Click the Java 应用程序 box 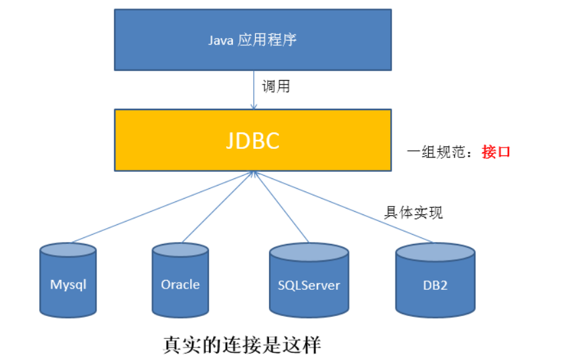click(x=252, y=40)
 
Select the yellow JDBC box click(x=252, y=140)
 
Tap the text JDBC click(x=252, y=140)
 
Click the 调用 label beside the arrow click(x=275, y=87)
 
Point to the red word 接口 click(x=496, y=152)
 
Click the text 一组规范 click(x=436, y=152)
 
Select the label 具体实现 click(x=413, y=212)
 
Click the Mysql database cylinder click(x=68, y=280)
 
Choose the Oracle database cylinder click(x=180, y=280)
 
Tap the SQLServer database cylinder click(x=309, y=280)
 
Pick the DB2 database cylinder click(x=435, y=280)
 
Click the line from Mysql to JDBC click(x=163, y=207)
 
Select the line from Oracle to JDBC click(x=218, y=207)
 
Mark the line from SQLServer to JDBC click(x=281, y=207)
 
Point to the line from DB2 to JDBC click(x=343, y=207)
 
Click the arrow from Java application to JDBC click(x=254, y=90)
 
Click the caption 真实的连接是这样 click(x=242, y=345)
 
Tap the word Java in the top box click(x=221, y=40)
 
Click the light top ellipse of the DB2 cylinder click(x=435, y=252)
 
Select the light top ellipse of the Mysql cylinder click(x=68, y=250)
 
